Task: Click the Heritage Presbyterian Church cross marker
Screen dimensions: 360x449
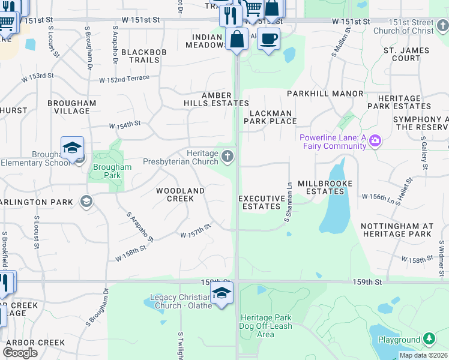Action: [227, 157]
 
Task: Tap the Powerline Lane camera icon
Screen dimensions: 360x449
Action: [375, 141]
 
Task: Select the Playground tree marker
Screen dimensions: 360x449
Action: [429, 339]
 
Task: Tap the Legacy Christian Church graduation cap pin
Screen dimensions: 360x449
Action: [221, 294]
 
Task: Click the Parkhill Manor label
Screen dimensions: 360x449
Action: [325, 94]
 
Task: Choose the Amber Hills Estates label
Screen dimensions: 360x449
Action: [216, 99]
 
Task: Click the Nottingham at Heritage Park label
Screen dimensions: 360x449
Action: [397, 229]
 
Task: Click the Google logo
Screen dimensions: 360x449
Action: [20, 353]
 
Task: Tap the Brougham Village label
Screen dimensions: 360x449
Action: [72, 107]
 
